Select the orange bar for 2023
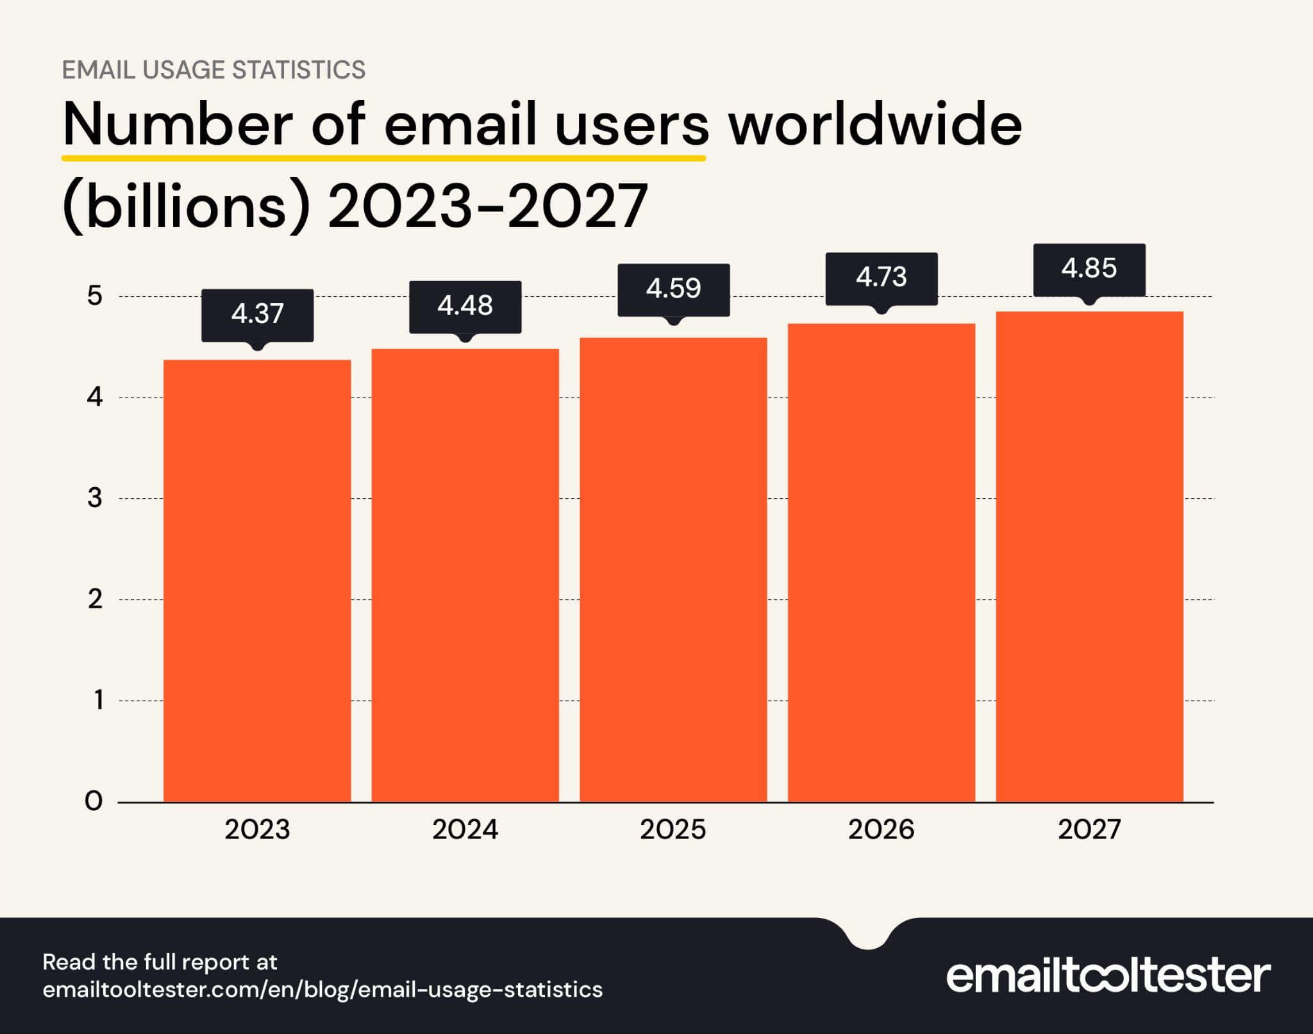tap(257, 580)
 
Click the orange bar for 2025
tap(673, 569)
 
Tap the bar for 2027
tap(1089, 556)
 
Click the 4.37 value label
tap(257, 314)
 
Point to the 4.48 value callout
tap(465, 306)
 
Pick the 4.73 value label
tap(881, 278)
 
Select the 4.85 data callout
tap(1089, 269)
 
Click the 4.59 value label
tap(673, 289)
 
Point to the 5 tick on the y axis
tap(95, 296)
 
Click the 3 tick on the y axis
tap(95, 498)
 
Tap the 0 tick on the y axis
tap(94, 801)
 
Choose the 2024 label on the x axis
tap(465, 830)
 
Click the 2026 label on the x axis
tap(881, 830)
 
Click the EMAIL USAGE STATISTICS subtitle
tap(213, 69)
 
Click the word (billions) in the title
tap(187, 206)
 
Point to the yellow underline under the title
tap(383, 156)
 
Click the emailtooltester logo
tap(1108, 976)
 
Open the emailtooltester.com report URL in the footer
tap(322, 989)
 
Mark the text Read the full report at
tap(160, 962)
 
